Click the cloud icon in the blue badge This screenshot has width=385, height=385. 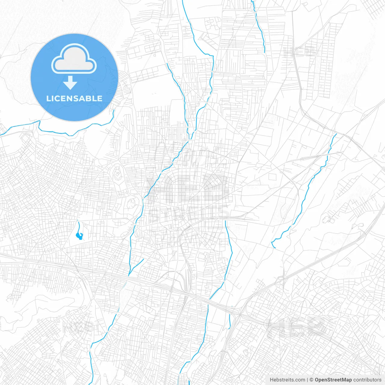pyautogui.click(x=74, y=59)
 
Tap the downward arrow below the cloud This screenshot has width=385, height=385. pyautogui.click(x=70, y=83)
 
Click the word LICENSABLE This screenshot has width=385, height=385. pyautogui.click(x=74, y=98)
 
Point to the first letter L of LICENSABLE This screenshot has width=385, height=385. pyautogui.click(x=48, y=98)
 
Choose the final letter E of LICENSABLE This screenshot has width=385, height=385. pyautogui.click(x=100, y=98)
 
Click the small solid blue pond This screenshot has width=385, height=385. pyautogui.click(x=80, y=236)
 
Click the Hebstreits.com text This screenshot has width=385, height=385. pyautogui.click(x=288, y=380)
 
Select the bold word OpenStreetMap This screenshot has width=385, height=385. pyautogui.click(x=333, y=380)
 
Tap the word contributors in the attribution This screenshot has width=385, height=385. pyautogui.click(x=367, y=380)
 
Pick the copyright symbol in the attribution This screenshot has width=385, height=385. pyautogui.click(x=312, y=380)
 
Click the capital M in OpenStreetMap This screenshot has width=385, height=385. pyautogui.click(x=344, y=380)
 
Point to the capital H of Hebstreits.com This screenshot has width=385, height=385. pyautogui.click(x=272, y=380)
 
